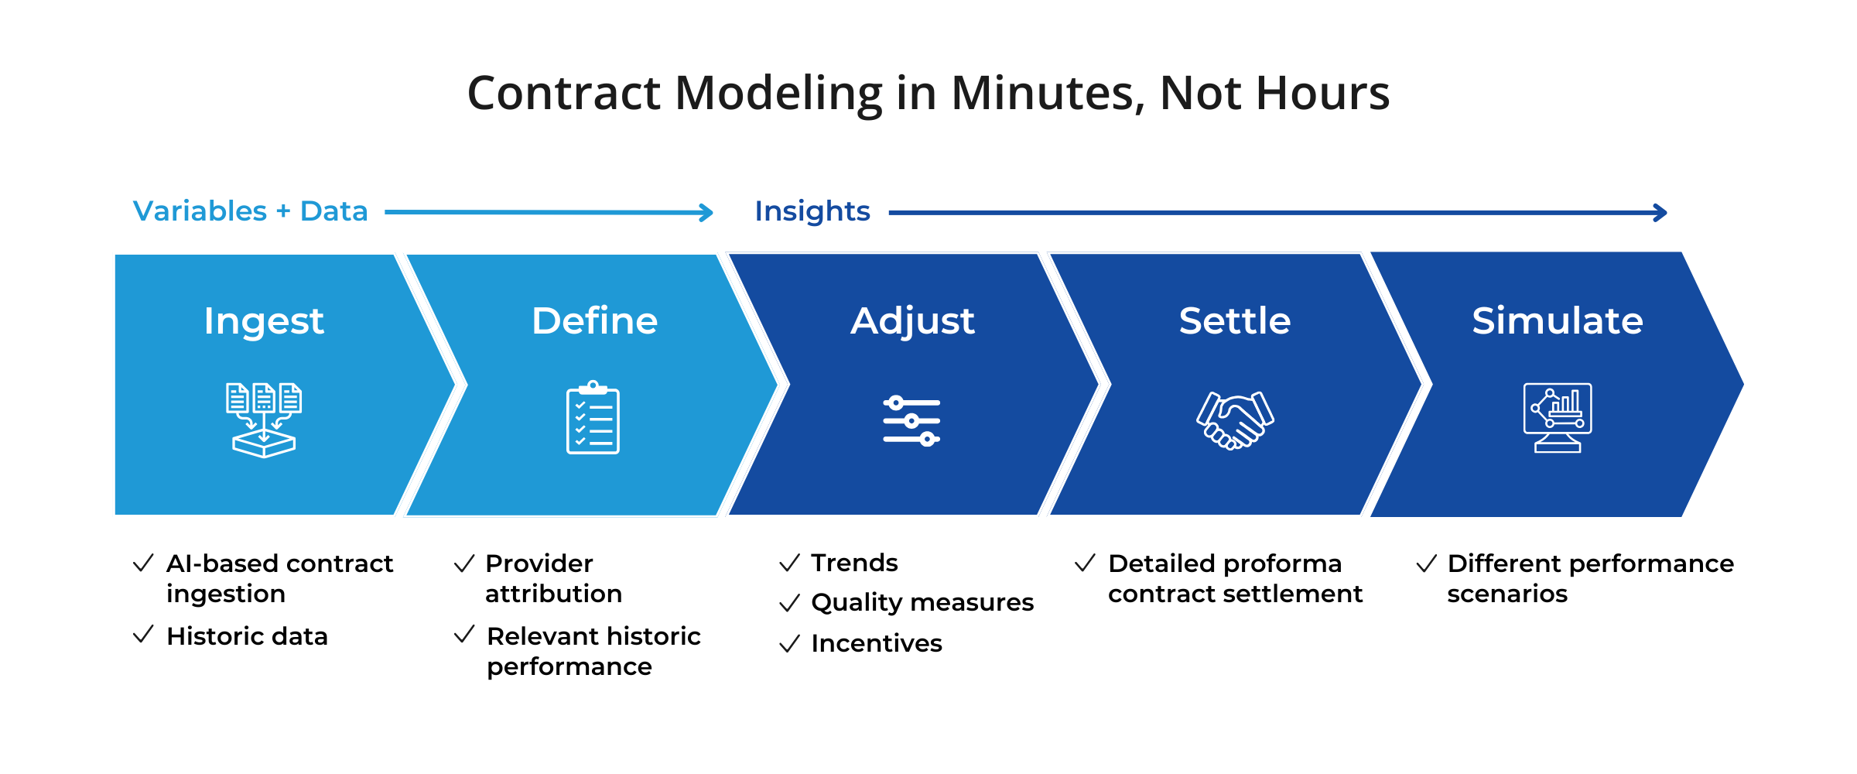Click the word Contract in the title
tap(564, 94)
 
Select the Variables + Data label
tap(250, 211)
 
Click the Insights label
tap(812, 211)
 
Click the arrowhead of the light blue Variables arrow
tap(707, 212)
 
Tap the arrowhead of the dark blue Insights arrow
tap(1660, 212)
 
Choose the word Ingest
tap(264, 321)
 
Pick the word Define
tap(594, 320)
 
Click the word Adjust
tap(912, 321)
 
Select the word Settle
tap(1235, 320)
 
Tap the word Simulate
tap(1558, 320)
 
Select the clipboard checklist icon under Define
tap(593, 418)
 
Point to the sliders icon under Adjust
tap(911, 421)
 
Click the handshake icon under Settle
tap(1235, 420)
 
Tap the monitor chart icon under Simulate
tap(1558, 418)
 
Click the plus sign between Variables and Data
tap(283, 211)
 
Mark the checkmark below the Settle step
tap(1085, 563)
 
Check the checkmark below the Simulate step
tap(1427, 563)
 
